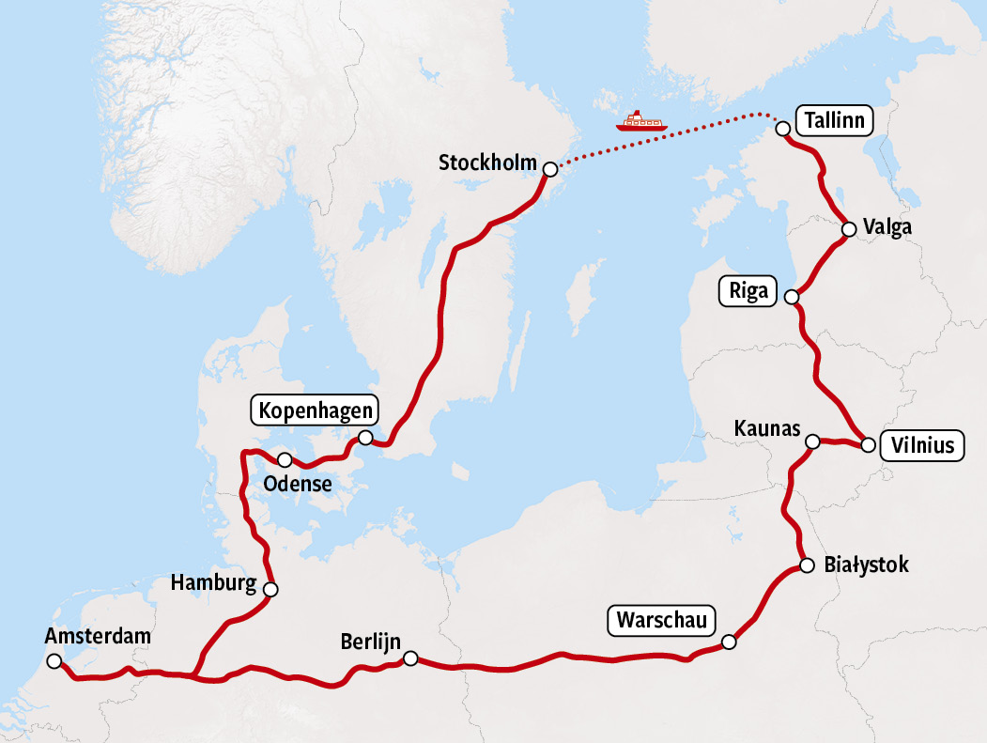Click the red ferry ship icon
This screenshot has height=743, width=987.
640,120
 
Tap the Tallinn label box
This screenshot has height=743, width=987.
834,121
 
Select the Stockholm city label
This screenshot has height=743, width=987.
487,163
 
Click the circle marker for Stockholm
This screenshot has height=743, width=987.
550,168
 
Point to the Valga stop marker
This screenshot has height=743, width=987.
848,228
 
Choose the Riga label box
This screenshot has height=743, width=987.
748,291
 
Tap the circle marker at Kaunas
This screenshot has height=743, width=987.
813,441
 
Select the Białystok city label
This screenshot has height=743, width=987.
866,565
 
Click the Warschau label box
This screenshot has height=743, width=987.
662,620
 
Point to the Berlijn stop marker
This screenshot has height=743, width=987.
410,659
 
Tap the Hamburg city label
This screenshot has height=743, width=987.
213,583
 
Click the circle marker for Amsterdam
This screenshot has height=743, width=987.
53,661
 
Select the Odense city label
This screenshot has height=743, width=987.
298,485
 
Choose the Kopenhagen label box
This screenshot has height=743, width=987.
315,410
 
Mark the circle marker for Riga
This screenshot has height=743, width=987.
791,297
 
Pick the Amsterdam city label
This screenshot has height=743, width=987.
98,637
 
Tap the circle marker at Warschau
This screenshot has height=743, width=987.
730,642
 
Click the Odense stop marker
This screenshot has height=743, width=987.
285,459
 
